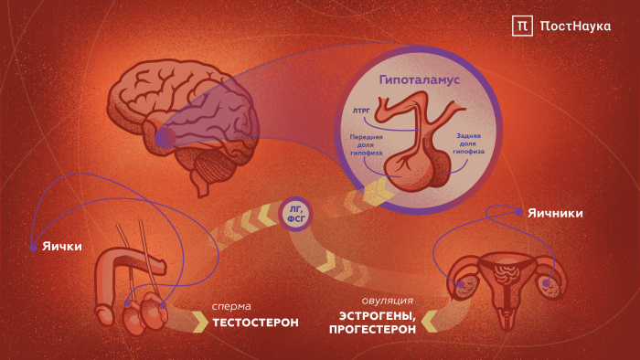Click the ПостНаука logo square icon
tap(522, 26)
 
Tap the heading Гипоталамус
tap(420, 79)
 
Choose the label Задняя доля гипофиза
tap(469, 143)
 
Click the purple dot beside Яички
tap(33, 246)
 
